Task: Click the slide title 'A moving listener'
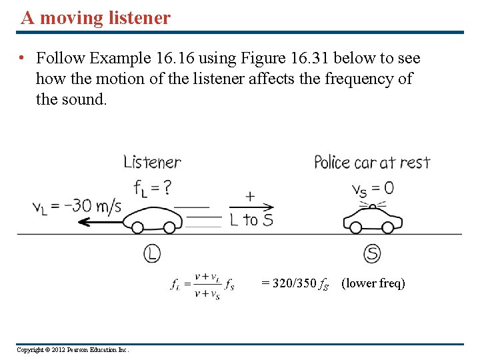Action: [x=95, y=18]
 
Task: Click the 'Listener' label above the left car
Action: [x=152, y=162]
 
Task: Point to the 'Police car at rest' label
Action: [x=372, y=162]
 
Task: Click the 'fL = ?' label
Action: [x=152, y=188]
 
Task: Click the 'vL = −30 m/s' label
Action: [x=77, y=206]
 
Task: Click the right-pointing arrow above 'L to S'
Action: [x=251, y=207]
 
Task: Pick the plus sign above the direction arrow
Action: [x=250, y=197]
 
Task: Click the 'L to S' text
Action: [x=251, y=219]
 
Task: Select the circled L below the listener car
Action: [x=152, y=253]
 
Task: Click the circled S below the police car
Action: [x=372, y=253]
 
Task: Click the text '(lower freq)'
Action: [x=373, y=283]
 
